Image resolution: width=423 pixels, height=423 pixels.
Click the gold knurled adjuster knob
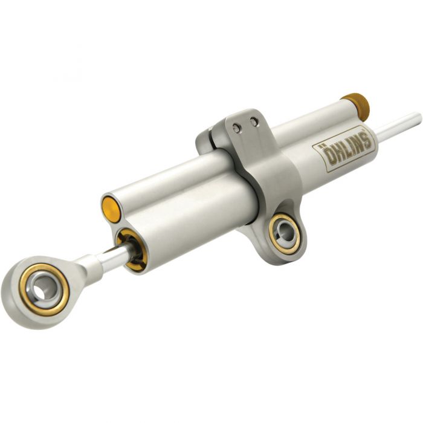[356, 106]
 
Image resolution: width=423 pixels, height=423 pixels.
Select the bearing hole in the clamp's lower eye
[285, 231]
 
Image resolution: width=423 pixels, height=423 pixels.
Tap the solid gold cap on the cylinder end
[111, 208]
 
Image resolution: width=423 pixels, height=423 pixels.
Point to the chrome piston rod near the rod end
[112, 259]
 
